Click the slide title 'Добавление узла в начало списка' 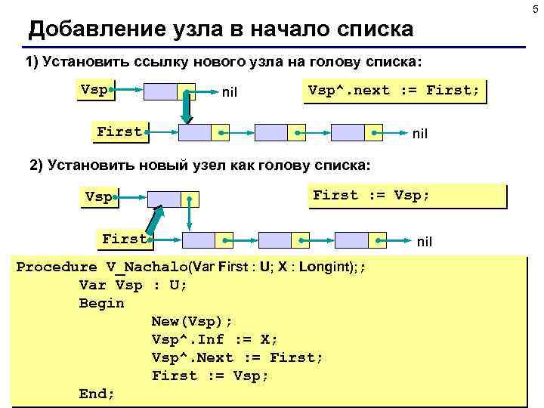tap(221, 29)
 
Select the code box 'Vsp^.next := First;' tap(393, 91)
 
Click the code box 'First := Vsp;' tap(371, 196)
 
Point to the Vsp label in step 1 tap(94, 90)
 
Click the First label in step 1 tap(119, 132)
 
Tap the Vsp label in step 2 tap(98, 197)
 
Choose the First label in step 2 tap(124, 240)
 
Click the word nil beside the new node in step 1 tap(230, 93)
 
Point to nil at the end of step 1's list tap(420, 134)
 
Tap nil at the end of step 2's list tap(425, 242)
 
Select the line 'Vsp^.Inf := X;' tap(215, 339)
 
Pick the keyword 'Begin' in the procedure tap(101, 303)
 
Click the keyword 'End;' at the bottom tap(97, 394)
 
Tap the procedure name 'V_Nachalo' tap(148, 267)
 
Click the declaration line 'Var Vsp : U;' tap(132, 285)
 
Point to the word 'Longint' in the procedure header tap(322, 267)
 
